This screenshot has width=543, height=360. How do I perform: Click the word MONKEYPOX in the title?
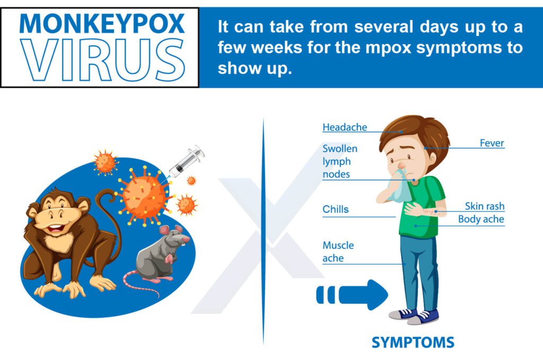[x=101, y=23]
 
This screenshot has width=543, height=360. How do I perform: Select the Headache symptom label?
[x=345, y=128]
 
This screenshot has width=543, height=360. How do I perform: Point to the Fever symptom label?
[x=492, y=143]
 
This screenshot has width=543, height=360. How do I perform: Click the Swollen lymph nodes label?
[x=340, y=161]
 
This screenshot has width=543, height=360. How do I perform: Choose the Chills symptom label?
[x=336, y=209]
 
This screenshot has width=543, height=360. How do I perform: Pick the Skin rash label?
[x=485, y=206]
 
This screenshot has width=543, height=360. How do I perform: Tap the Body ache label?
[x=481, y=219]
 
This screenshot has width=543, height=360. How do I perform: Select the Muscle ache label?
[x=338, y=252]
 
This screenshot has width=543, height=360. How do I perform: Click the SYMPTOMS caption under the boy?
[x=413, y=343]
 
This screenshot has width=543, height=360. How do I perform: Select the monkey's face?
[x=57, y=212]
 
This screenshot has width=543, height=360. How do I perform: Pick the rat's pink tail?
[x=141, y=284]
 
